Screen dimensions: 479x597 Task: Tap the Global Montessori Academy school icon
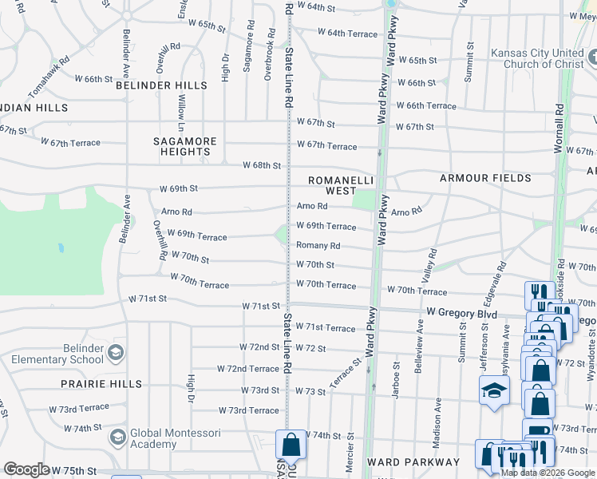(118, 437)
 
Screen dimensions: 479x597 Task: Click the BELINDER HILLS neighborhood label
(161, 85)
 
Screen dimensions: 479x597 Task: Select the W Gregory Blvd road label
(461, 314)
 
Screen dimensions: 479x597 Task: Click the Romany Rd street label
(318, 246)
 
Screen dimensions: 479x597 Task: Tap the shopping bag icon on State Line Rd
(291, 445)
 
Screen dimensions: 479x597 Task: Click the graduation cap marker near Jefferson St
(494, 390)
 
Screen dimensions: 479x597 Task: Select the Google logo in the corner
(26, 469)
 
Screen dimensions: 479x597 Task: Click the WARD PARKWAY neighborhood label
(413, 462)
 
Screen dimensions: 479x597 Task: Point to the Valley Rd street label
(431, 263)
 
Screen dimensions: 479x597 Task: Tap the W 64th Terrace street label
(347, 33)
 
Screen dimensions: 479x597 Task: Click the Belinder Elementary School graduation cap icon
(116, 352)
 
